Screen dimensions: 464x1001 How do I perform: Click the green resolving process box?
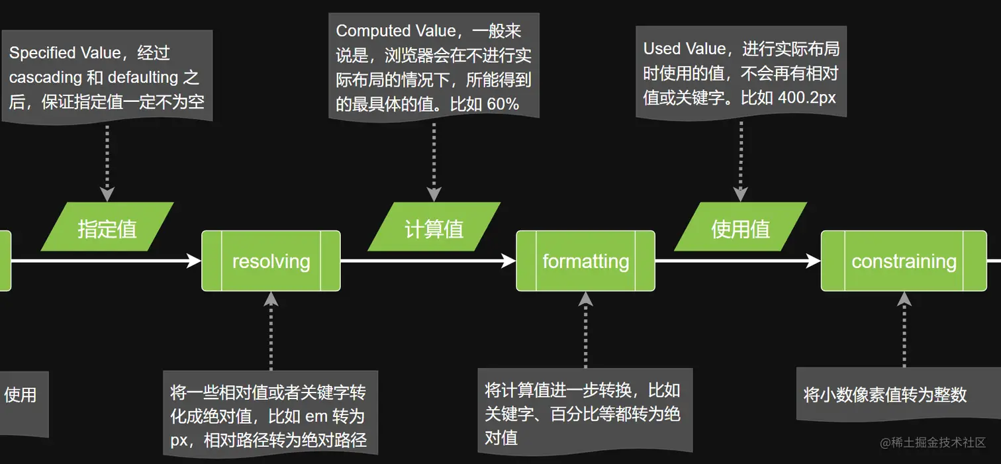[271, 261]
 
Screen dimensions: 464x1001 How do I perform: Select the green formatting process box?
[585, 261]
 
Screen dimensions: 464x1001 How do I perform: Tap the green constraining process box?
[904, 261]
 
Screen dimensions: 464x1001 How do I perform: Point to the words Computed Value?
[391, 30]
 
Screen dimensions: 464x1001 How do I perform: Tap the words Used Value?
[684, 48]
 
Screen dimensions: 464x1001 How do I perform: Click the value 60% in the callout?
[503, 104]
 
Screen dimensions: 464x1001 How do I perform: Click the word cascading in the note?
[45, 77]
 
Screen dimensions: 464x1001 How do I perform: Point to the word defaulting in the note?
[143, 77]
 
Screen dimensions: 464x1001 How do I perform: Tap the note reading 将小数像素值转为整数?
[885, 395]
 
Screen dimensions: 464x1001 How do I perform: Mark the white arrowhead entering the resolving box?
[195, 261]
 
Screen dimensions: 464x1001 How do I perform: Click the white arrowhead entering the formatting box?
[509, 261]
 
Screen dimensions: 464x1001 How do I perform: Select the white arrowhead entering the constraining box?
[814, 261]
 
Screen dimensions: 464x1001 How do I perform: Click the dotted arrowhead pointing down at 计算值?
[434, 195]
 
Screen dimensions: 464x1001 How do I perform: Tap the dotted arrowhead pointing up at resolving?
[271, 299]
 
